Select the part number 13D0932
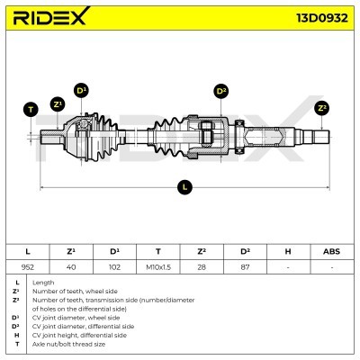click(x=322, y=18)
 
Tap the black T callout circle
click(x=31, y=110)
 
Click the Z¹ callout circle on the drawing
click(x=58, y=104)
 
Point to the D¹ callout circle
click(x=81, y=90)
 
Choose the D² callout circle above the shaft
click(x=221, y=90)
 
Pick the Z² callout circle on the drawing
click(x=322, y=108)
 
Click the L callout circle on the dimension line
click(x=184, y=187)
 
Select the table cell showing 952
click(x=28, y=266)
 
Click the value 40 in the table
click(x=71, y=266)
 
